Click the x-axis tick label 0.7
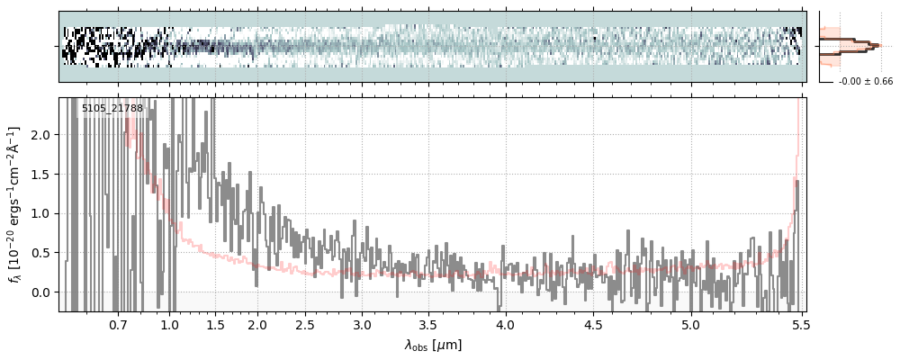pos(118,325)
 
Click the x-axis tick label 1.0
pos(170,325)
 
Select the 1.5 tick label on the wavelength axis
pos(216,325)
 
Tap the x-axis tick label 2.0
pos(257,325)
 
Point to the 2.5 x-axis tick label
pos(305,325)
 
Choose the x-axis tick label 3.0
pos(361,325)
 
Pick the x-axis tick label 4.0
pos(506,325)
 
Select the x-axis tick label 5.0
pos(690,325)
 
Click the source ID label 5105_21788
pos(112,109)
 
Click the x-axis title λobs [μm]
pos(433,345)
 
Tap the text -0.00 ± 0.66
pos(865,82)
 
